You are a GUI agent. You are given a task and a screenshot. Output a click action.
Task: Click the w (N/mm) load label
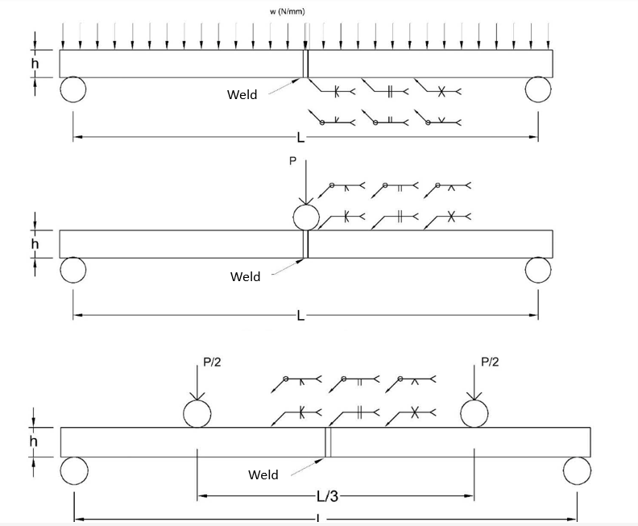click(x=288, y=11)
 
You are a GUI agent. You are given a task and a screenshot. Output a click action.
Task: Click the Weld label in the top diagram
click(x=242, y=95)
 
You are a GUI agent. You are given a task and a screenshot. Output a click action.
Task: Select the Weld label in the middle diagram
click(x=245, y=277)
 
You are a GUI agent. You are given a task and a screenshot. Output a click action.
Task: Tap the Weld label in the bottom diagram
click(x=263, y=475)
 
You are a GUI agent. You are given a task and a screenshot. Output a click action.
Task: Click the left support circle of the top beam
click(x=72, y=89)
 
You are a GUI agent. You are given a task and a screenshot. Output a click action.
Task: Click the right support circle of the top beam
click(x=538, y=89)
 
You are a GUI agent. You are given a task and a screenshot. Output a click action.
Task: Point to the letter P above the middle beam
click(x=292, y=161)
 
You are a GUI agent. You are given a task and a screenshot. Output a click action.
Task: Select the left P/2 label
click(x=212, y=362)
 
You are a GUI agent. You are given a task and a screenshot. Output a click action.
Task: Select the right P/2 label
click(x=490, y=362)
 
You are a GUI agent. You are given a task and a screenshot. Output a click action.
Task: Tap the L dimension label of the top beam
click(x=300, y=139)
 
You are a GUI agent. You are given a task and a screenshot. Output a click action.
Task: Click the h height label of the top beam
click(x=35, y=63)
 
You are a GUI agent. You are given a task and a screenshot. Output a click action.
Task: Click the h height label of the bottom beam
click(x=33, y=441)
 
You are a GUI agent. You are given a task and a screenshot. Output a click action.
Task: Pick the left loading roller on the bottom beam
click(x=197, y=414)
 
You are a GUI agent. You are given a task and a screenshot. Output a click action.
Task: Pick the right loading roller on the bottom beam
click(x=474, y=414)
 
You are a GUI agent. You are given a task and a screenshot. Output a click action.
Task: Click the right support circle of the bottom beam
click(x=577, y=470)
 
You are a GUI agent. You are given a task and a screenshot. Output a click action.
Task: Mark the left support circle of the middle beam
click(x=72, y=270)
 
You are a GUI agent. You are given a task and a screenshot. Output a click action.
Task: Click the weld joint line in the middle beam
click(x=306, y=244)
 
